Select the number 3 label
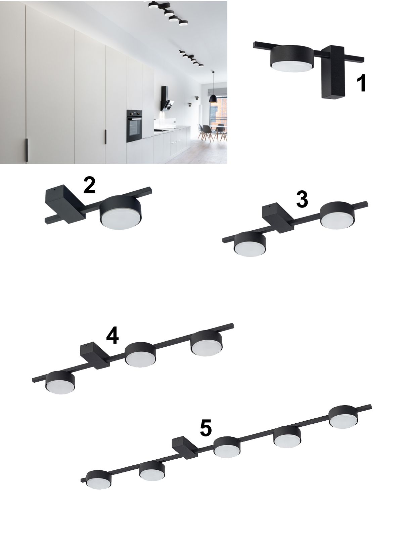302,199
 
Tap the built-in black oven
134,126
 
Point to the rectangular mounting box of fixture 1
333,72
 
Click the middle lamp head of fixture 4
140,354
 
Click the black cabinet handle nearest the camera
27,150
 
